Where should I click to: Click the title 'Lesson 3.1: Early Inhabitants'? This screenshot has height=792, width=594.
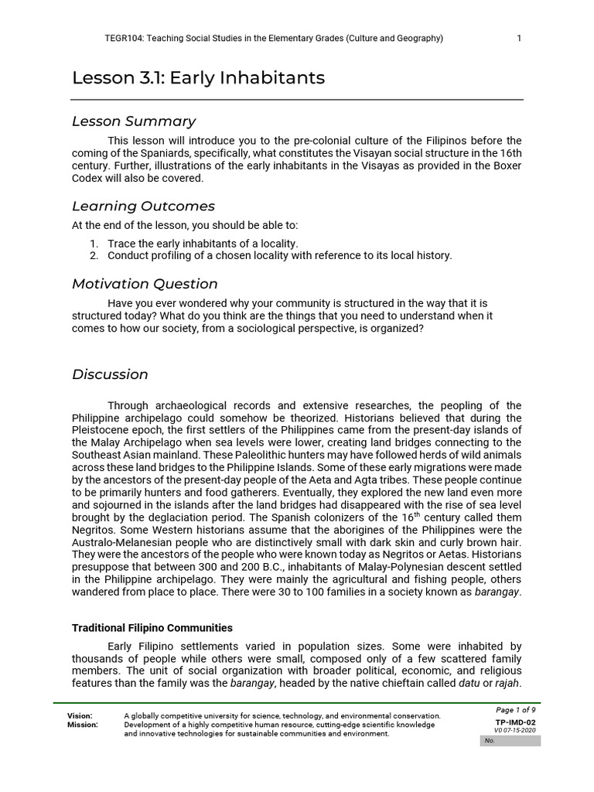[x=198, y=78]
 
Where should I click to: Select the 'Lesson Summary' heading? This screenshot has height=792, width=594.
[x=134, y=121]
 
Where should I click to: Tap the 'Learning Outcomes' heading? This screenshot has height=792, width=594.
[x=143, y=207]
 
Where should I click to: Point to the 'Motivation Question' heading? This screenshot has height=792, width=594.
[x=145, y=284]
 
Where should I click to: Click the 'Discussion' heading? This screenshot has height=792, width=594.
[x=110, y=374]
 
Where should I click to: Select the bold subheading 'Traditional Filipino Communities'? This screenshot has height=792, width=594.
[x=152, y=628]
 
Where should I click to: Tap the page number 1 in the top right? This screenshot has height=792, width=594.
[x=519, y=39]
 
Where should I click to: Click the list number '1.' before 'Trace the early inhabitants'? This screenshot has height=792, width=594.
[x=94, y=244]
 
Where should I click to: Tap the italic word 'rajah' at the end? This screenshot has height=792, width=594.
[x=507, y=683]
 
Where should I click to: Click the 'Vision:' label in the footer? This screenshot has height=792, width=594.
[x=80, y=716]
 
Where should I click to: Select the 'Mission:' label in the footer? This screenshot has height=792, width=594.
[x=83, y=725]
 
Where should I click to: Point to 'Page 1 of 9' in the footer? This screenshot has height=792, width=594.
[x=515, y=710]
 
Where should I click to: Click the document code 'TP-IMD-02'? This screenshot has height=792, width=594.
[x=515, y=722]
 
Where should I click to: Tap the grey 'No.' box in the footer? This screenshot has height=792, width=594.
[x=510, y=741]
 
